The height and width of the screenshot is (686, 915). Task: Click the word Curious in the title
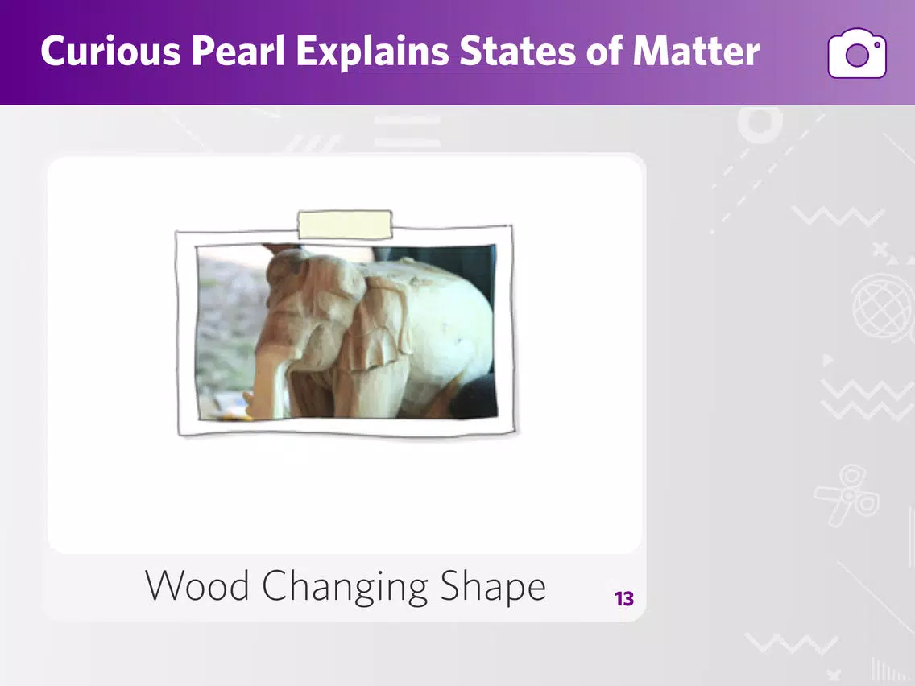pyautogui.click(x=111, y=51)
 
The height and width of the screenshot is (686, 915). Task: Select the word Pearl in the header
pyautogui.click(x=238, y=51)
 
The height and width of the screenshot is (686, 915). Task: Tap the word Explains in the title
pyautogui.click(x=372, y=52)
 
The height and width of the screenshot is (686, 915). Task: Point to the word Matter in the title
pyautogui.click(x=696, y=51)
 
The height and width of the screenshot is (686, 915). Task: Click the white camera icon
pyautogui.click(x=857, y=53)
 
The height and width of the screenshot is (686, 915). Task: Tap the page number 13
pyautogui.click(x=623, y=598)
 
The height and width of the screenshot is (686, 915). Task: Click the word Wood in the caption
pyautogui.click(x=197, y=585)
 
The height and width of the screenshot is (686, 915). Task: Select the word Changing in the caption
pyautogui.click(x=345, y=586)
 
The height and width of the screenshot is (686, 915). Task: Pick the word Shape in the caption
pyautogui.click(x=493, y=586)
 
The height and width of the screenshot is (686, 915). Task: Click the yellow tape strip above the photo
pyautogui.click(x=345, y=225)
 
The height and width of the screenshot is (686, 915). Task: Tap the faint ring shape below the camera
pyautogui.click(x=760, y=122)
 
